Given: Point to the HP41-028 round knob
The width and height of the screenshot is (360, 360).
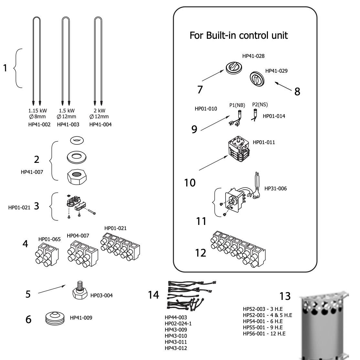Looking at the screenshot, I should (x=234, y=68).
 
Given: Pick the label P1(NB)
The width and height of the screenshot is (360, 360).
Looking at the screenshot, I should (x=237, y=105).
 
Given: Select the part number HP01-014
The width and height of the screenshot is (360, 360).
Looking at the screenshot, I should (x=274, y=115).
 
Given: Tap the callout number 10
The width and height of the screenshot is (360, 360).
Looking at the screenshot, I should (x=190, y=183).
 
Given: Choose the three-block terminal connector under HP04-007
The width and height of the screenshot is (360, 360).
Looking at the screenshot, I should (x=81, y=256).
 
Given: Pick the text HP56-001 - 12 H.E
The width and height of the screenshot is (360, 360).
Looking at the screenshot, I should (x=264, y=334).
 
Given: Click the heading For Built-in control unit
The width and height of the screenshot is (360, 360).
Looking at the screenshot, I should (x=238, y=36).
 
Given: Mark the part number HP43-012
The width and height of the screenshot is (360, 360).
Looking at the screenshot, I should (x=176, y=348).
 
